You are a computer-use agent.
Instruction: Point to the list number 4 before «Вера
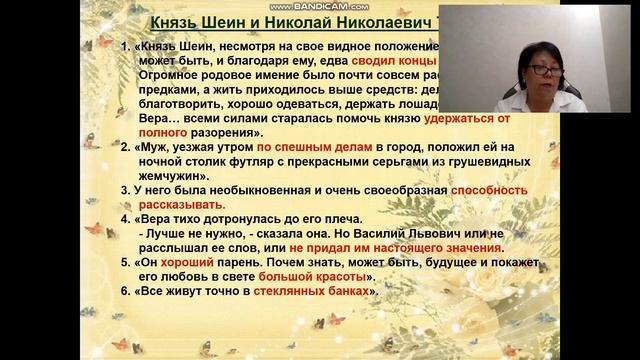[126, 218]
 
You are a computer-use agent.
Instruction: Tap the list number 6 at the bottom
[126, 293]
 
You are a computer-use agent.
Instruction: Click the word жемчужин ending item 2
[176, 174]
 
